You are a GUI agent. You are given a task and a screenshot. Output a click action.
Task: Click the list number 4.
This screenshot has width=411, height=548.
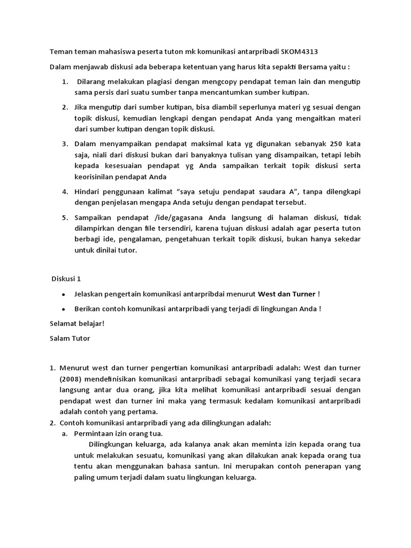tap(64, 192)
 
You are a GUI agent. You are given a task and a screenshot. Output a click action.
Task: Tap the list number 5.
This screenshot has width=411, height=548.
tap(64, 218)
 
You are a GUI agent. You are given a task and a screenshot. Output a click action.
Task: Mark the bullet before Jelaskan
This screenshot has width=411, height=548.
tap(64, 294)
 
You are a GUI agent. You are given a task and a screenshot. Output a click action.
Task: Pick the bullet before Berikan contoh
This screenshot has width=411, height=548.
tap(64, 309)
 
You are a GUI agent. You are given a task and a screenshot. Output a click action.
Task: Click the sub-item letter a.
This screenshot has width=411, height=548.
tap(64, 433)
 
